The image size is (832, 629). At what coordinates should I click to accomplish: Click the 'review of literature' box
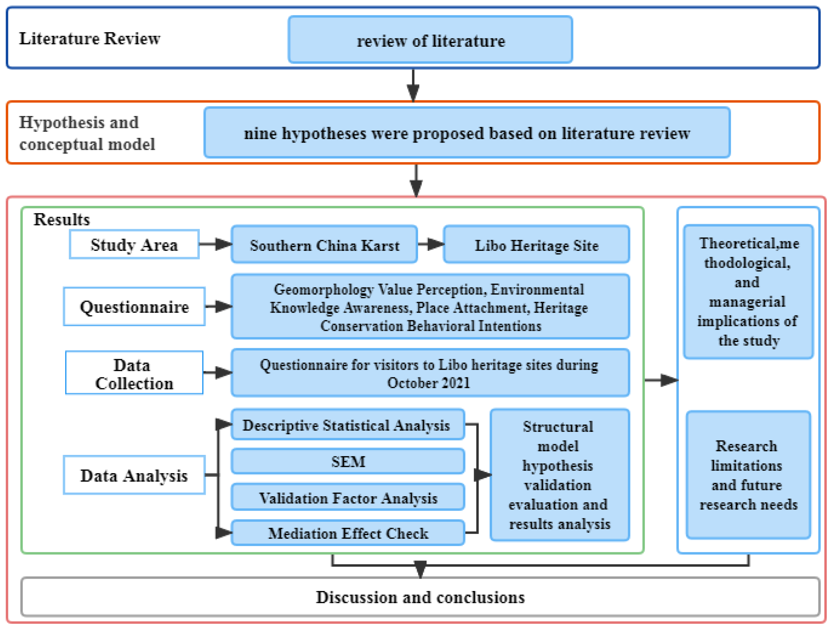(430, 40)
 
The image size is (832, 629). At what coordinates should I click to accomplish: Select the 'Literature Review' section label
(90, 38)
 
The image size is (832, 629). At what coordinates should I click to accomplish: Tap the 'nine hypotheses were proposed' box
(467, 133)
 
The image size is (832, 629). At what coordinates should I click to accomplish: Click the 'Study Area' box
(134, 245)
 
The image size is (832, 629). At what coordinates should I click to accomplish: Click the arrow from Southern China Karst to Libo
(430, 244)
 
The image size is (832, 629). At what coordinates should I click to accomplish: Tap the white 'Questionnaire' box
(134, 307)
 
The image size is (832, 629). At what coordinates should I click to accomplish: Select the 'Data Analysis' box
(134, 475)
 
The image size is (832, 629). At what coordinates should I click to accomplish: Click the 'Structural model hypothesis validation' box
(559, 475)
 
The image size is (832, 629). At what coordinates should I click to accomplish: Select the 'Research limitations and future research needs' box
(748, 475)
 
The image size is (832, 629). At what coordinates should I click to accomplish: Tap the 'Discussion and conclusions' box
(420, 597)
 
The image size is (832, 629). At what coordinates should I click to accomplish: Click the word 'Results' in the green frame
(62, 219)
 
